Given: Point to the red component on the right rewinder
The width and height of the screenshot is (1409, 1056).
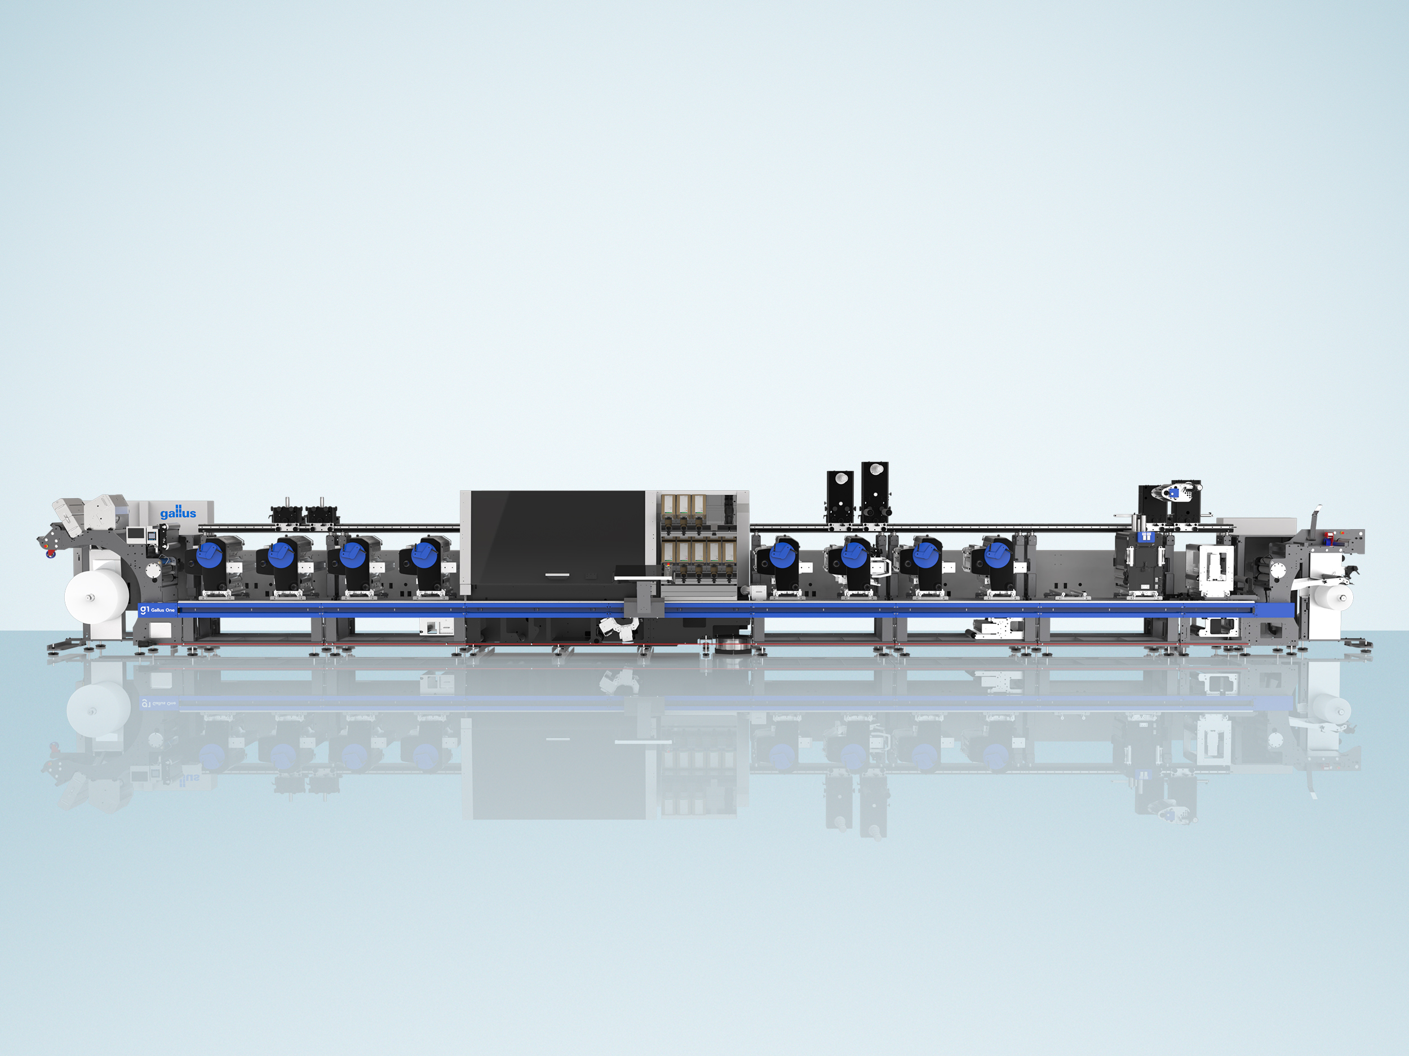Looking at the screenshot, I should [x=1324, y=538].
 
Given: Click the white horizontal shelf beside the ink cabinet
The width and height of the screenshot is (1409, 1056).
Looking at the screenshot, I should [x=644, y=578].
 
